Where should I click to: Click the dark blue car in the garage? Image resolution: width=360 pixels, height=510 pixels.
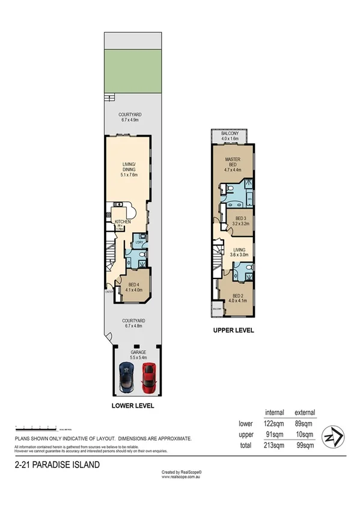127,375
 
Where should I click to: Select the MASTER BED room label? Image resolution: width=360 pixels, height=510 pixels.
233,163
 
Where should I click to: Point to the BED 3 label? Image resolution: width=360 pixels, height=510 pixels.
241,221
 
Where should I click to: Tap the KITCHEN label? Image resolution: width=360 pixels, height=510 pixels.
123,222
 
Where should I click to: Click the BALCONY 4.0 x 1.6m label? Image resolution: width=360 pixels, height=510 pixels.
230,136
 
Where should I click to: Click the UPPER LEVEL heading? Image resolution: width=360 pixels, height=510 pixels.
234,330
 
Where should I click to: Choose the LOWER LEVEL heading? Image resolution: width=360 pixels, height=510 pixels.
133,406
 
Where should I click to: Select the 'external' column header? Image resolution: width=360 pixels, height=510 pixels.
305,413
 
